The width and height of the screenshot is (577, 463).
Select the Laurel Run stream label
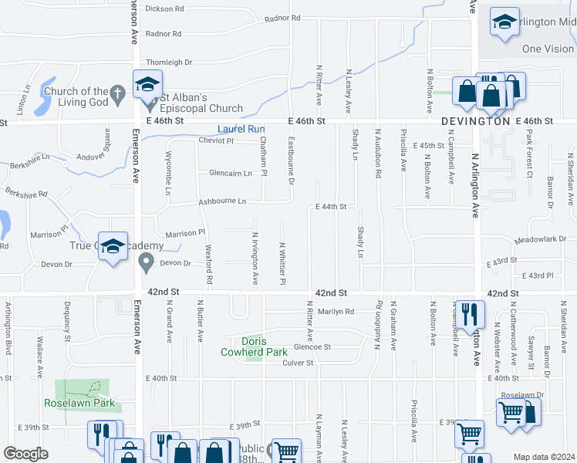pos(241,129)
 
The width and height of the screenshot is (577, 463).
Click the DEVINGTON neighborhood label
pos(476,122)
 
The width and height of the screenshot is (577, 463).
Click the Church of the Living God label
pos(76,96)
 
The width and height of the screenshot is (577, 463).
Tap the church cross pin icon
pos(117,96)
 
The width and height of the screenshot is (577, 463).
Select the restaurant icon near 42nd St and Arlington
pos(467,313)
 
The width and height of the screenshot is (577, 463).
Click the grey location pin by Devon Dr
pos(145,263)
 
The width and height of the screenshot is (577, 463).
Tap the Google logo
pos(25,454)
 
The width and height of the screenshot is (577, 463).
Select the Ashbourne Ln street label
pos(222,201)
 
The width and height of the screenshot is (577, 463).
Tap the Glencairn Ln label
pos(231,173)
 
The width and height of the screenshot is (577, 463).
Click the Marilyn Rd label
pos(336,312)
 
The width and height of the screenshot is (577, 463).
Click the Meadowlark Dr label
pos(546,240)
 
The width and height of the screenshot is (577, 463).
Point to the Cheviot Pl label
pos(215,140)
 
